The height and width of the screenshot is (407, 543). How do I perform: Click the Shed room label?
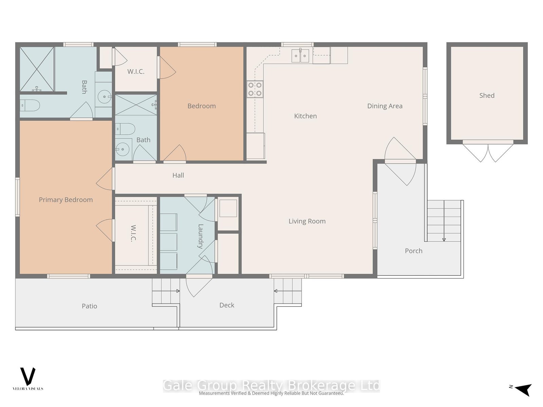[487, 95]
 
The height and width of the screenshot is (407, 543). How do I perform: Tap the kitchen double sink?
[300, 56]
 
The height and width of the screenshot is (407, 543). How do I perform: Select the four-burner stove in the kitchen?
[255, 89]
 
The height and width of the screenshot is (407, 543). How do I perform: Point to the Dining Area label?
[385, 106]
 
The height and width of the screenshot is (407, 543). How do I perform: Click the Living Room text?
[307, 221]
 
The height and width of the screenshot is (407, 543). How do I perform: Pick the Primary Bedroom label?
[66, 200]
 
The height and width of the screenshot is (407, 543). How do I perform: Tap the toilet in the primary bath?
[30, 105]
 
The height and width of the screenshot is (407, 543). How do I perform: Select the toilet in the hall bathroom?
[125, 129]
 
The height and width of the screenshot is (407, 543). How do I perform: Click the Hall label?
[178, 175]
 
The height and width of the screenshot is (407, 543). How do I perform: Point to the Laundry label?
[201, 236]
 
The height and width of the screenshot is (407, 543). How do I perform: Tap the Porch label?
[413, 251]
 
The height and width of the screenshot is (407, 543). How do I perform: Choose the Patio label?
[89, 306]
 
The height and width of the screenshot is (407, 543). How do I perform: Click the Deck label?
[227, 305]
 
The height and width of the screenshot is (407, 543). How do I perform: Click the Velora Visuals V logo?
[28, 376]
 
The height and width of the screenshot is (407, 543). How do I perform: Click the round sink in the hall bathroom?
[123, 150]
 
